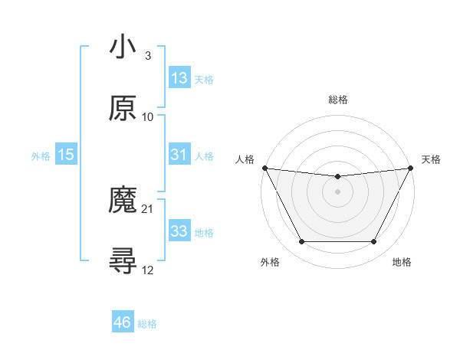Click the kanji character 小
[x=123, y=47]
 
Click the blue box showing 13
[x=179, y=78]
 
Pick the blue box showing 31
[x=179, y=155]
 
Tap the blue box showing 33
[x=179, y=231]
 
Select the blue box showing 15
[x=66, y=155]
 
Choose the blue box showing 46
[x=123, y=322]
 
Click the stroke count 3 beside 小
[x=147, y=56]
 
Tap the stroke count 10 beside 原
[x=148, y=117]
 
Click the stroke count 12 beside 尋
[x=148, y=270]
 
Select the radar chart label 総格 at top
[x=337, y=100]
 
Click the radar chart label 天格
[x=431, y=159]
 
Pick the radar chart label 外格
[x=270, y=263]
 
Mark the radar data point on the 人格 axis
[x=264, y=168]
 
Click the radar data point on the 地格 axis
[x=374, y=242]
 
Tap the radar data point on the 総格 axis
[x=337, y=177]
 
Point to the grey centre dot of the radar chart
[x=337, y=191]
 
